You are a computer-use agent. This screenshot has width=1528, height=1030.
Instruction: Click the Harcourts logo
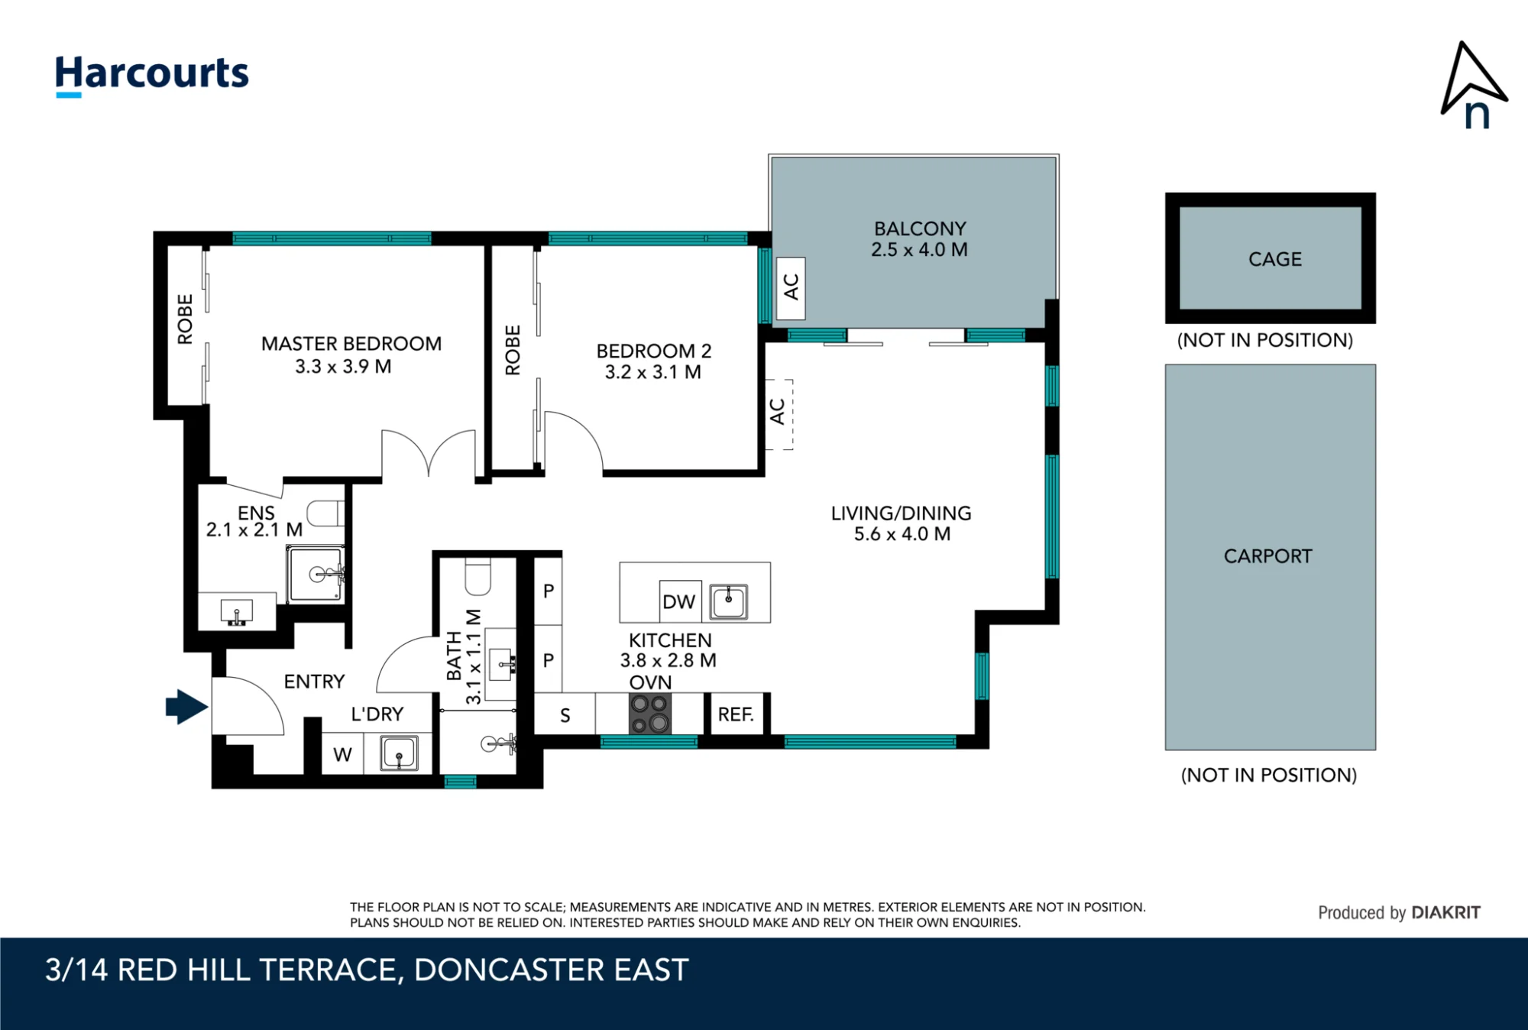tap(152, 76)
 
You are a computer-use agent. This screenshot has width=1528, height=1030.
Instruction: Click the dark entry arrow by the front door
tap(186, 707)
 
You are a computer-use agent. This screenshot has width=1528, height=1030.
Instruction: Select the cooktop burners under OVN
tap(650, 714)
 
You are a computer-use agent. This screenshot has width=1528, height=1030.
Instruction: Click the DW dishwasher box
tap(680, 601)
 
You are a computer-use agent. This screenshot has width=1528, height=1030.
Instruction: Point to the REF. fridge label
tap(736, 714)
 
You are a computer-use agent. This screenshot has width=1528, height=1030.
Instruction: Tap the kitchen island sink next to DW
tap(729, 601)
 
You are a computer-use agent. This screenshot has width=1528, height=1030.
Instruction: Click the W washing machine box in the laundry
tap(342, 753)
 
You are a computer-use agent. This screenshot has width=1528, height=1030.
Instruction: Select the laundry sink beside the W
tap(399, 753)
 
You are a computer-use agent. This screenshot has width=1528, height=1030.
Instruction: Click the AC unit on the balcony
tap(791, 288)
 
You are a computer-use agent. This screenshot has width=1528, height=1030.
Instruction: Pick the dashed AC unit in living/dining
tap(779, 414)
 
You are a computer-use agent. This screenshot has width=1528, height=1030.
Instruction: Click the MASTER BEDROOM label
tap(351, 344)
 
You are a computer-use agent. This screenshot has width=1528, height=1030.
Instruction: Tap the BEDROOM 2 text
tap(654, 351)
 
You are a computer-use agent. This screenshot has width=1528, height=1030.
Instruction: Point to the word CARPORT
tap(1268, 556)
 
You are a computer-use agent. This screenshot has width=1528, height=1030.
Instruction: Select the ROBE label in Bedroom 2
tap(513, 351)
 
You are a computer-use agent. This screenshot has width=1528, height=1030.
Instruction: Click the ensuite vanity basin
tap(237, 611)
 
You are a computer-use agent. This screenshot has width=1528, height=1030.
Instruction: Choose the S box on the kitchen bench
tap(565, 714)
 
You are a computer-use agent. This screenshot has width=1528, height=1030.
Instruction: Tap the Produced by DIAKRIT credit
tap(1399, 912)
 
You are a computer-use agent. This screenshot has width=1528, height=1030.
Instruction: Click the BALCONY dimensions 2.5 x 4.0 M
tap(919, 250)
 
